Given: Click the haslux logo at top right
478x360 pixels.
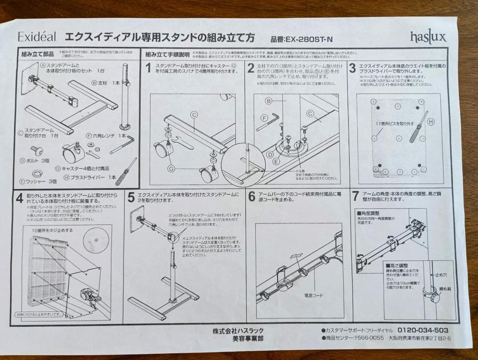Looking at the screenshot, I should [x=428, y=36].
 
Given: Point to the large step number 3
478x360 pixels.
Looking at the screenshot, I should [x=352, y=68].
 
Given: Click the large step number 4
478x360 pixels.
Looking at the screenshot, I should [x=19, y=197].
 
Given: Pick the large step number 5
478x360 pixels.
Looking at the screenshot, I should [x=131, y=197].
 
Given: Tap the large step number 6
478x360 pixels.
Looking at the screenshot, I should [x=251, y=197].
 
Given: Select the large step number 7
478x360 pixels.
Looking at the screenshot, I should [x=355, y=196].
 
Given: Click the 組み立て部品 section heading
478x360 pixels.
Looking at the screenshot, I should [x=38, y=54].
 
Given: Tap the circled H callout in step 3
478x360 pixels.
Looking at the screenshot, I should [x=431, y=121].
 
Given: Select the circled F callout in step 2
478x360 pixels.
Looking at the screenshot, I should [x=264, y=118].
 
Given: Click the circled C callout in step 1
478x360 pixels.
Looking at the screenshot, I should [x=194, y=114].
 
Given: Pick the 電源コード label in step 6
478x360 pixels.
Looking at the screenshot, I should [x=313, y=295].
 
